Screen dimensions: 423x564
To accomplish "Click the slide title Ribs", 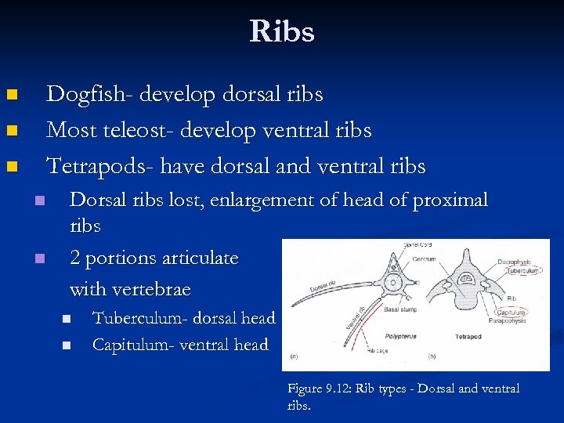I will click(282, 32).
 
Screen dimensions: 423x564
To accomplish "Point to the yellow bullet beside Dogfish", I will click(11, 96).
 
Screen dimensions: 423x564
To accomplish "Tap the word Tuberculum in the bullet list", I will click(137, 318).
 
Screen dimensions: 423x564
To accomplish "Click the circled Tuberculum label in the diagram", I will click(522, 270).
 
